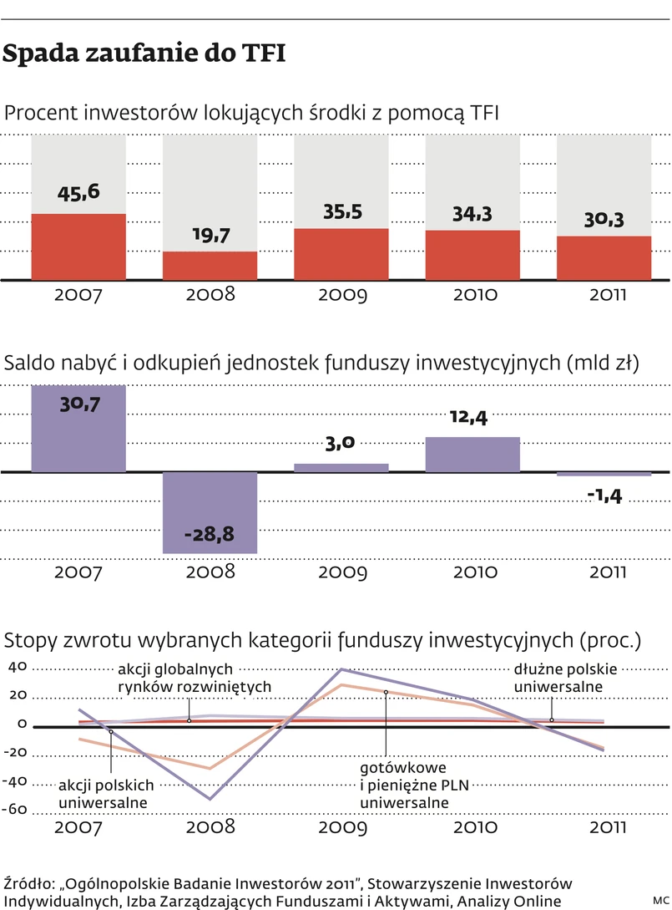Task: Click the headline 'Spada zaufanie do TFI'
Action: click(x=144, y=54)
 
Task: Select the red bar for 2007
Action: click(x=78, y=247)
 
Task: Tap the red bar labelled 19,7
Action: click(x=210, y=265)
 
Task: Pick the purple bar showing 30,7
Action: click(x=78, y=428)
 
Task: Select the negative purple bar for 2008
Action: click(x=210, y=512)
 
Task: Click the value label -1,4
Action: click(x=604, y=496)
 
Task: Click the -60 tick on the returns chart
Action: click(x=18, y=810)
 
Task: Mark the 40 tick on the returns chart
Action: click(x=18, y=667)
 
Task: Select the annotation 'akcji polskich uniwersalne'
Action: click(x=106, y=794)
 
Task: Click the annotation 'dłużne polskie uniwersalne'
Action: click(x=565, y=678)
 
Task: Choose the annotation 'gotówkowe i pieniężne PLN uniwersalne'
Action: click(x=403, y=785)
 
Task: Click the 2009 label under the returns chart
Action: click(x=341, y=828)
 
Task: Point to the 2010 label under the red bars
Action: click(x=472, y=295)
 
